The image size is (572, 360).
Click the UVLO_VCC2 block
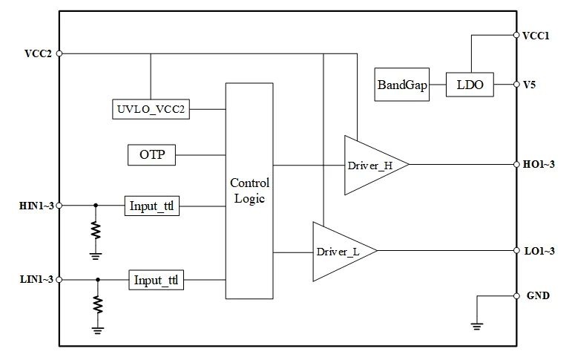tap(151, 109)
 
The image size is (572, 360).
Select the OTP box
tap(152, 155)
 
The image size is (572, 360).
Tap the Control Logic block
tap(249, 191)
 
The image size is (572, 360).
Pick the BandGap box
tap(401, 85)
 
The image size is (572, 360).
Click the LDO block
tap(470, 85)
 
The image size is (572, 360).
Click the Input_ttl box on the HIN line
tap(152, 206)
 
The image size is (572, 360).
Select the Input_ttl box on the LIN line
tap(156, 280)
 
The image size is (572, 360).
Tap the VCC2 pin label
tap(38, 53)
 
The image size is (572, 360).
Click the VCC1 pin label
tap(536, 36)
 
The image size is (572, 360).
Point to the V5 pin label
tap(529, 85)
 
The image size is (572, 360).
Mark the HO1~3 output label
tap(539, 164)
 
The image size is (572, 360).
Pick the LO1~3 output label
tap(539, 251)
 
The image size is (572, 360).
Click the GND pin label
tap(538, 295)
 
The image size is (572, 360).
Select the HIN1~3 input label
tap(36, 206)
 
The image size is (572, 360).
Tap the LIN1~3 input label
tap(36, 280)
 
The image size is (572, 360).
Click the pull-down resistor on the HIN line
tap(96, 230)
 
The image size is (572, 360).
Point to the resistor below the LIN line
tap(98, 304)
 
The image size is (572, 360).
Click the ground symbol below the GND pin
tap(477, 326)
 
